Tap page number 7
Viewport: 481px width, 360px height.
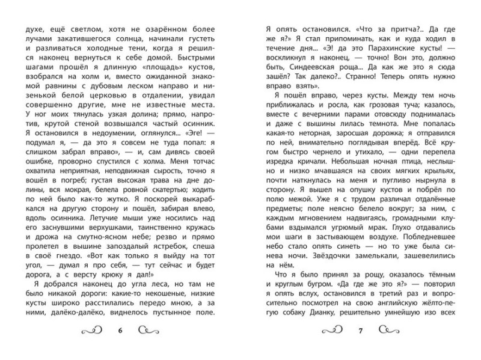click(x=360, y=330)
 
